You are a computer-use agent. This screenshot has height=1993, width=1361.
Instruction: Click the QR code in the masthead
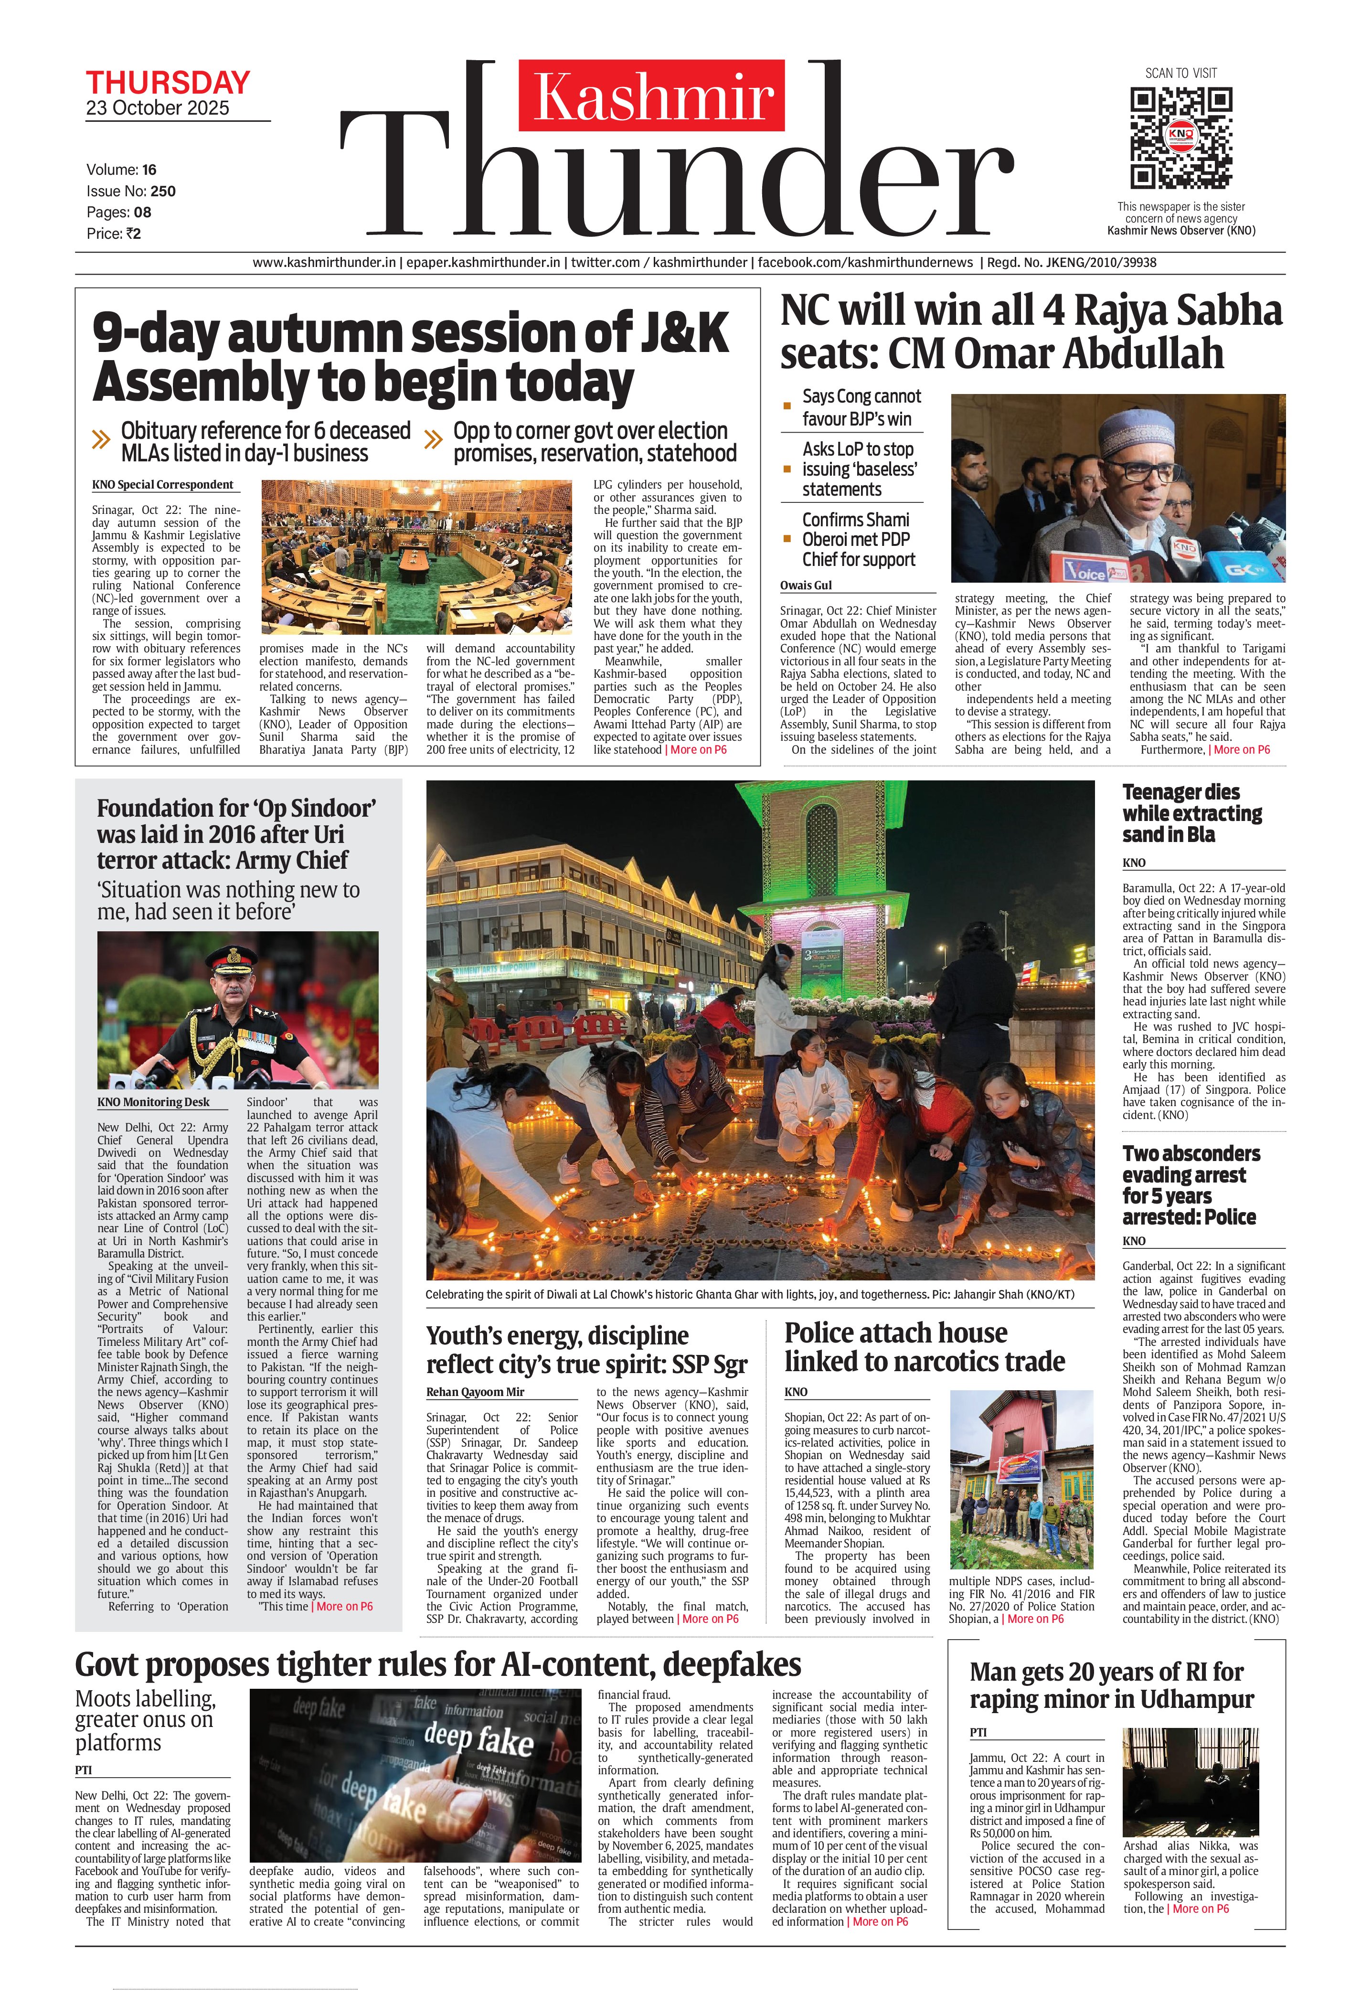click(x=1181, y=137)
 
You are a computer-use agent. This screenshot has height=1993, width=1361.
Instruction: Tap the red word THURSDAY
click(x=168, y=83)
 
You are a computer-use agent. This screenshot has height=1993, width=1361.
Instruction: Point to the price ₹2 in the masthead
click(x=132, y=233)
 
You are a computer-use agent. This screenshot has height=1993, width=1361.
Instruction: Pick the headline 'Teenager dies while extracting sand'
click(x=1192, y=813)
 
